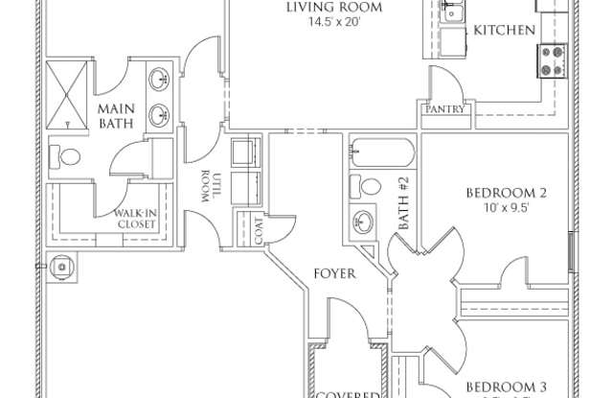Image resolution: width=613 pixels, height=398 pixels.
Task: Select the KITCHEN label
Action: [x=505, y=30]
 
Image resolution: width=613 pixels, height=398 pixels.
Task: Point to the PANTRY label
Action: [x=445, y=109]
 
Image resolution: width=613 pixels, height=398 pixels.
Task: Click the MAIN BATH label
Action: [x=116, y=116]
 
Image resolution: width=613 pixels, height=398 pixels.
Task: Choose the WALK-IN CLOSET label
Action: [x=136, y=219]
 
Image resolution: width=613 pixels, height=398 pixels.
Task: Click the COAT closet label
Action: [x=258, y=230]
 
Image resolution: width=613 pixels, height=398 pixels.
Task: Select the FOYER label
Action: [x=335, y=273]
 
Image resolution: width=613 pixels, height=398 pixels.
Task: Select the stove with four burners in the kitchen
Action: [x=553, y=60]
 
